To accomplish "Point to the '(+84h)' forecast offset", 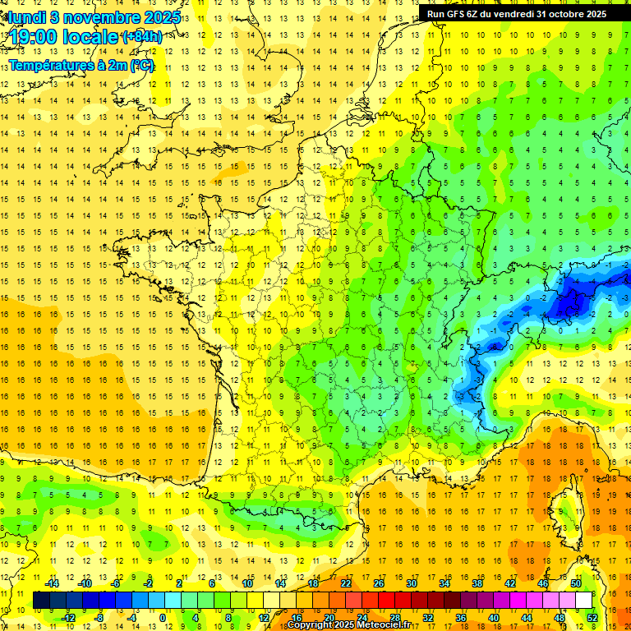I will coord(141,37).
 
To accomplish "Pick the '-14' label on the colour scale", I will coord(53,583).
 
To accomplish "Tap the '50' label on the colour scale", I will coord(575,583).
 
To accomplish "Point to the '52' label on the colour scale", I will coord(592,617).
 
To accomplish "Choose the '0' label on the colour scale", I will coord(162,617).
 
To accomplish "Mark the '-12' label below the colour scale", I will coord(68,617).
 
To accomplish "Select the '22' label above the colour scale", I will coord(346,583).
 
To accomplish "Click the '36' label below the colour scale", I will coord(460,617).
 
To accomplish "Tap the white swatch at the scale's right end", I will coord(583,601).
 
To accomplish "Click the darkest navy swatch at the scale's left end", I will coord(42,601).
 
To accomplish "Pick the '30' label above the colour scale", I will coord(411,583).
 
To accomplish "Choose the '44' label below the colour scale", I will coord(526,617).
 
